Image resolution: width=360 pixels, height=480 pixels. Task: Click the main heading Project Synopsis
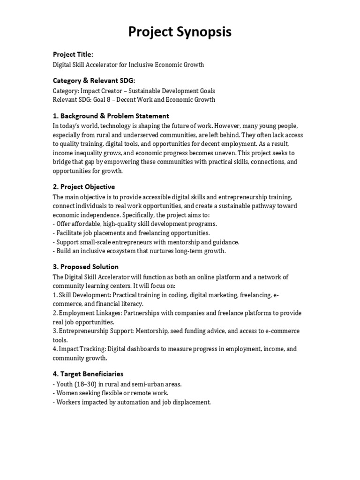pyautogui.click(x=180, y=32)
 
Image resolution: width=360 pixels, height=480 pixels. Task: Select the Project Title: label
pyautogui.click(x=73, y=55)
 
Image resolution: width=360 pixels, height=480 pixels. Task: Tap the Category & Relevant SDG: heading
pyautogui.click(x=94, y=81)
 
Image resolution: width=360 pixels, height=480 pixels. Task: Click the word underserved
pyautogui.click(x=133, y=135)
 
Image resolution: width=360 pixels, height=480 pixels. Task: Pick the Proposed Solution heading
pyautogui.click(x=85, y=267)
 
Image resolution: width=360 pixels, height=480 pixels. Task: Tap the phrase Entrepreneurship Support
pyautogui.click(x=96, y=331)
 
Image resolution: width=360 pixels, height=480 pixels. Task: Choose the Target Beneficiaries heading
pyautogui.click(x=88, y=374)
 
